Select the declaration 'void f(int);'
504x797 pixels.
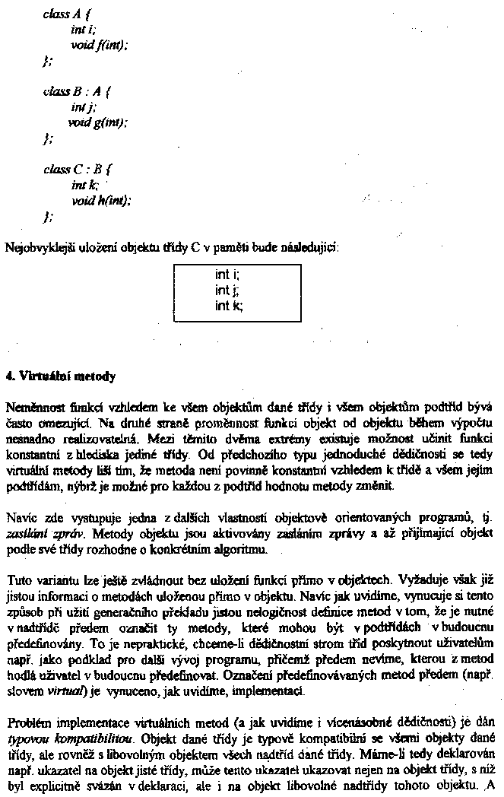click(x=99, y=45)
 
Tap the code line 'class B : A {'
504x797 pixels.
click(x=77, y=93)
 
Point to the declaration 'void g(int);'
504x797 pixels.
click(x=100, y=122)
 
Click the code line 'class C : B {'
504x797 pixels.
click(x=77, y=170)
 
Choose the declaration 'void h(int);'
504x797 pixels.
click(x=101, y=201)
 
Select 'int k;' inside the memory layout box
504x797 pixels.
click(x=229, y=306)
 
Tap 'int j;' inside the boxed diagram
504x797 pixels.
click(x=227, y=291)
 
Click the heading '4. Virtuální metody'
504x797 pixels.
click(x=61, y=376)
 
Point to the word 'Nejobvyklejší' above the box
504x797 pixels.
click(x=39, y=248)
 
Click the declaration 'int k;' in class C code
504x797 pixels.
click(x=78, y=185)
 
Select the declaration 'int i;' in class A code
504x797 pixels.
click(x=78, y=30)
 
